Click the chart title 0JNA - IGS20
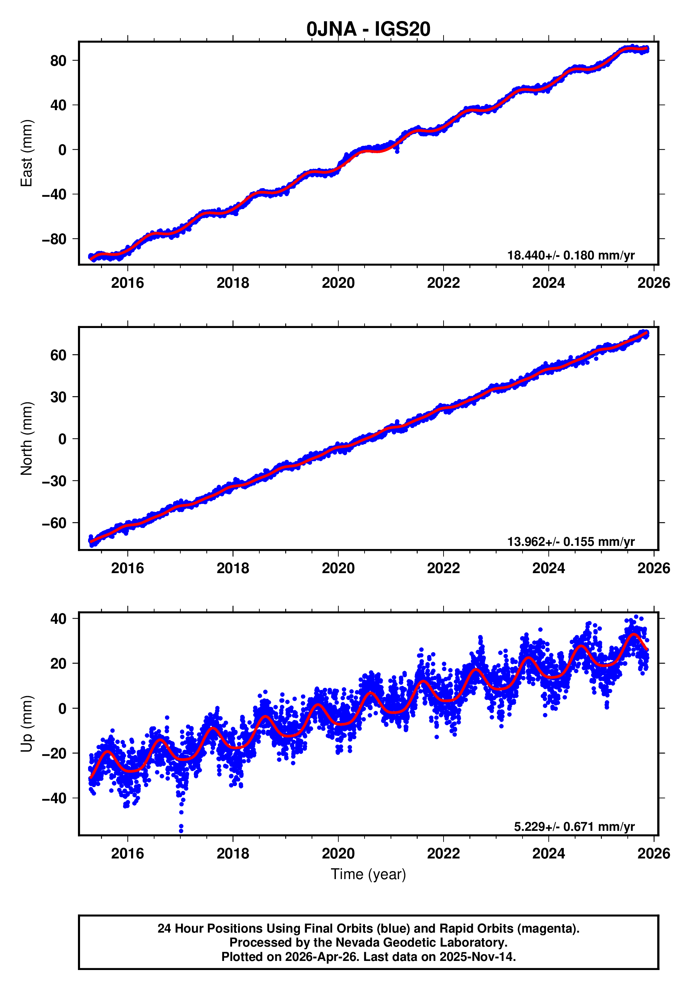[x=368, y=29]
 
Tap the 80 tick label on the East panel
[x=58, y=61]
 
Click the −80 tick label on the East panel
[x=54, y=239]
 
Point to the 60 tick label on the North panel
[x=58, y=355]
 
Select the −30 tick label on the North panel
[x=54, y=481]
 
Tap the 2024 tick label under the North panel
[x=548, y=569]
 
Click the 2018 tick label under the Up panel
[x=232, y=854]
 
